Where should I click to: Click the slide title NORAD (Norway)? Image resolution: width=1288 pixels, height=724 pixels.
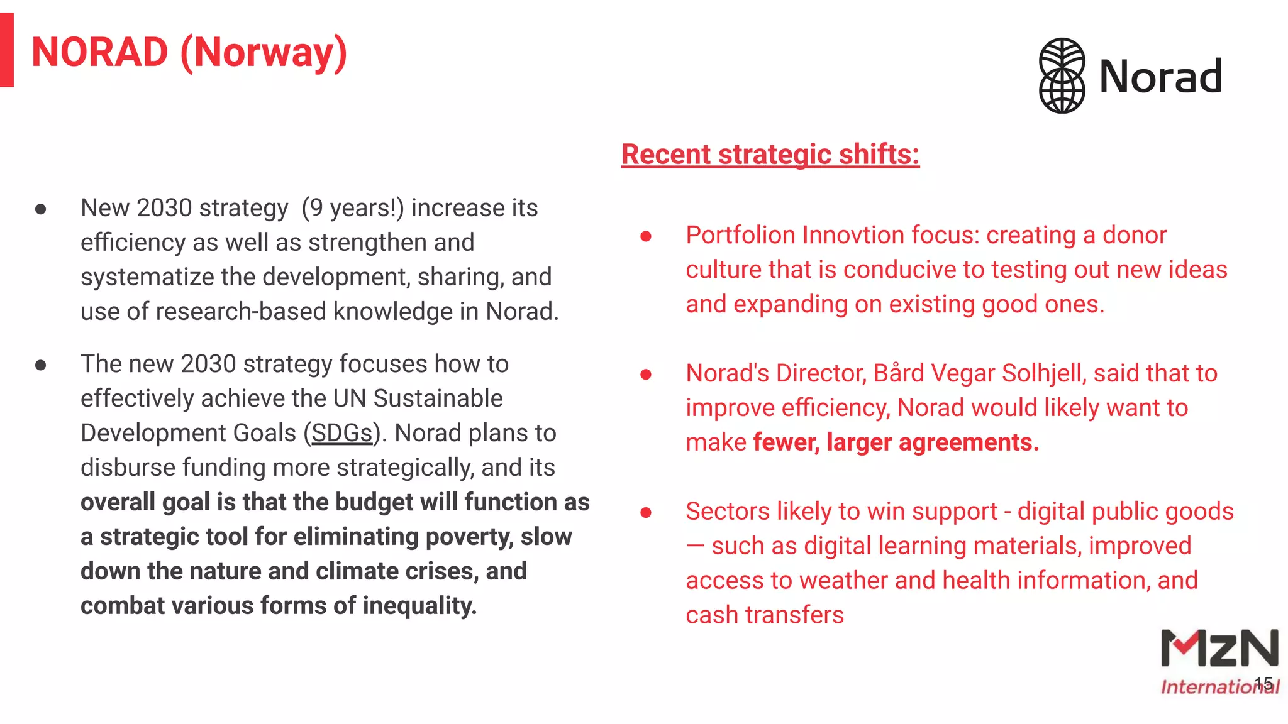tap(189, 53)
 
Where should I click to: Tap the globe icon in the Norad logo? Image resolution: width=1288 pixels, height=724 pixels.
tap(1062, 75)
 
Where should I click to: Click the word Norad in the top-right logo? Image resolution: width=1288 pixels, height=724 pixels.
tap(1160, 77)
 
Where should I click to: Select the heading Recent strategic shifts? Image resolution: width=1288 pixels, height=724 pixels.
tap(770, 155)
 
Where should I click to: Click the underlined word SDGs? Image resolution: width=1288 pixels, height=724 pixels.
tap(341, 433)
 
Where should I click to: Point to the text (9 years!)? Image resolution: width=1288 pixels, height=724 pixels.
tap(352, 208)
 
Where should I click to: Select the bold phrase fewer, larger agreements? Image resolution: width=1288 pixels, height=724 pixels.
tap(896, 443)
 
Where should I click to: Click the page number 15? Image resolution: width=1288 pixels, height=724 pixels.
tap(1263, 683)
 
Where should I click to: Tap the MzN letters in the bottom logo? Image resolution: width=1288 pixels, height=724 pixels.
tap(1219, 649)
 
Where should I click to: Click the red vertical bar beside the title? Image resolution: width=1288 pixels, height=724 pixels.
tap(6, 50)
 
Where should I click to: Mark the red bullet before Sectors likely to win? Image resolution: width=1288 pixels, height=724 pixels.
tap(645, 513)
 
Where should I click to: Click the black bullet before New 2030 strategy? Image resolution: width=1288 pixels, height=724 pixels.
tap(41, 209)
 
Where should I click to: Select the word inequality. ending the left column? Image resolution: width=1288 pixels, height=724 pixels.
tap(419, 606)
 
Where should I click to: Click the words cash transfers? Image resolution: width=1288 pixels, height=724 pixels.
tap(764, 615)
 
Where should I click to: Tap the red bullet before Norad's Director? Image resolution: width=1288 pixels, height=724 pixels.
tap(645, 375)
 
